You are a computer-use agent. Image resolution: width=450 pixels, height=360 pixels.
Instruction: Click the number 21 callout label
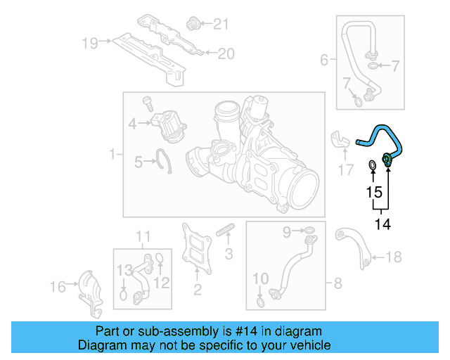[221, 25]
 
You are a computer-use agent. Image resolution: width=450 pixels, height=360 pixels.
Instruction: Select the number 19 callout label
[89, 43]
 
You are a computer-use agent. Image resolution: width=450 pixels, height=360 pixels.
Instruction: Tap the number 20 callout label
[224, 53]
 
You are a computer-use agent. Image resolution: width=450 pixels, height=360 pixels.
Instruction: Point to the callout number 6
[324, 60]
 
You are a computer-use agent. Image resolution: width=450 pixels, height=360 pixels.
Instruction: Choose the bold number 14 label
[382, 224]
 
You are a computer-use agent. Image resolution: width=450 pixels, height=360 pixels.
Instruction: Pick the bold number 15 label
[373, 191]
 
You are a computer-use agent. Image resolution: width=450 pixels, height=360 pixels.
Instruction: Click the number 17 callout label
[345, 169]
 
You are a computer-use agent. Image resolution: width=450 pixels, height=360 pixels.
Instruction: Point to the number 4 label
[132, 125]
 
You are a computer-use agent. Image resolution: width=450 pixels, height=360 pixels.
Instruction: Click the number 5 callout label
[139, 162]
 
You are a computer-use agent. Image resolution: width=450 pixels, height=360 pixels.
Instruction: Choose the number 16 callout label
[58, 286]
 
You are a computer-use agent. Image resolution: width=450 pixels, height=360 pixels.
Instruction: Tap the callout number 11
[143, 235]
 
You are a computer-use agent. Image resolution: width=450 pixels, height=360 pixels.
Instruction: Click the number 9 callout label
[287, 231]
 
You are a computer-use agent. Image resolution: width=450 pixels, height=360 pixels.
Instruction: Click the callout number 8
[337, 283]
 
